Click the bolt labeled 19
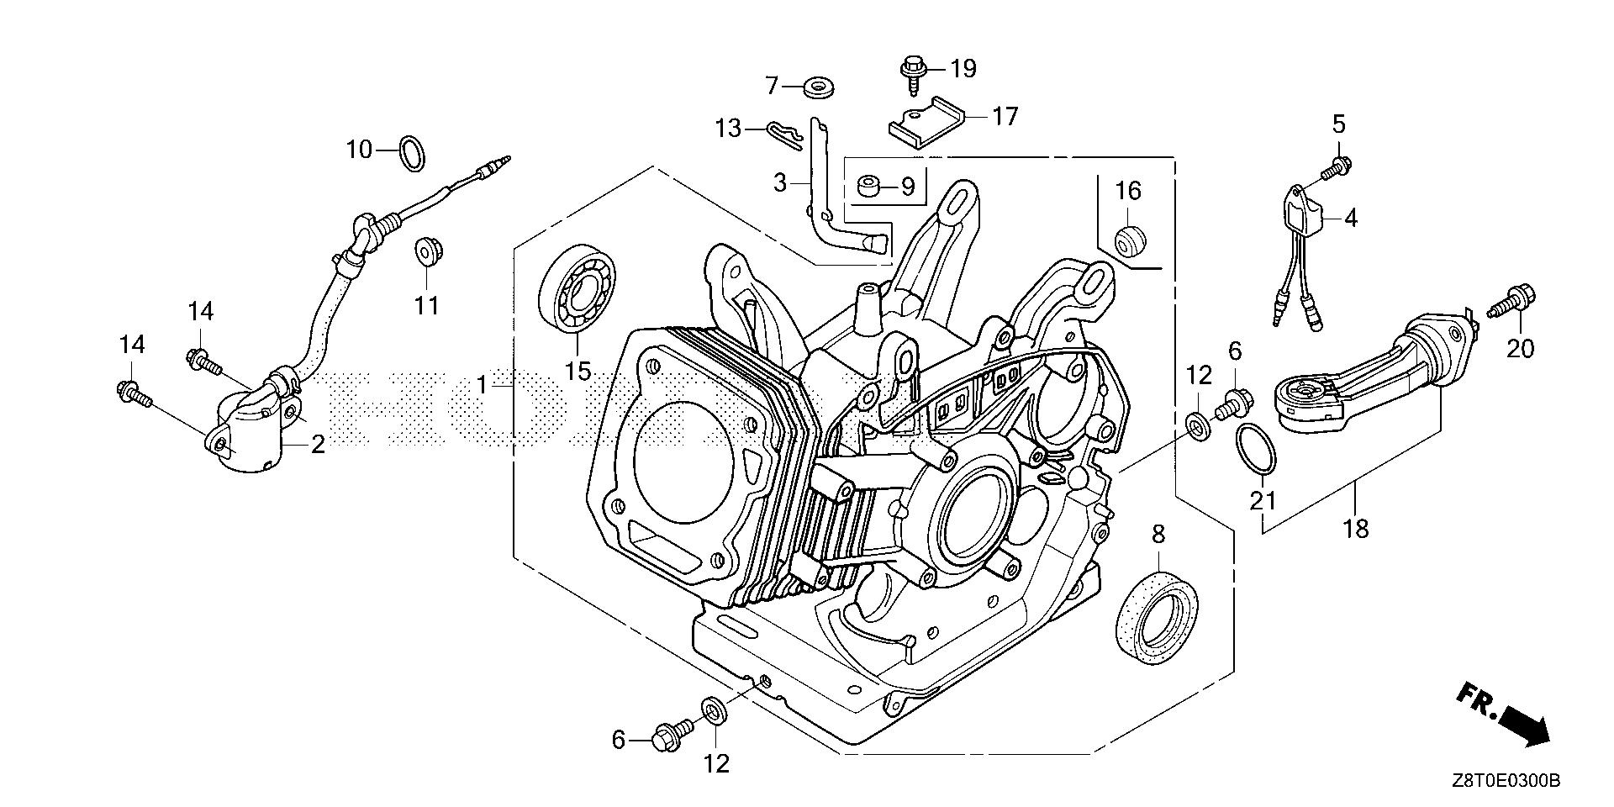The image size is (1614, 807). (x=911, y=75)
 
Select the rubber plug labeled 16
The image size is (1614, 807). (x=1130, y=239)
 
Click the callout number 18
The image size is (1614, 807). (x=1356, y=529)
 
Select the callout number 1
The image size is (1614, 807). (x=483, y=386)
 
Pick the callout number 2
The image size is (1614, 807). (x=317, y=445)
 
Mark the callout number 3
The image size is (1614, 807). (x=780, y=182)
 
